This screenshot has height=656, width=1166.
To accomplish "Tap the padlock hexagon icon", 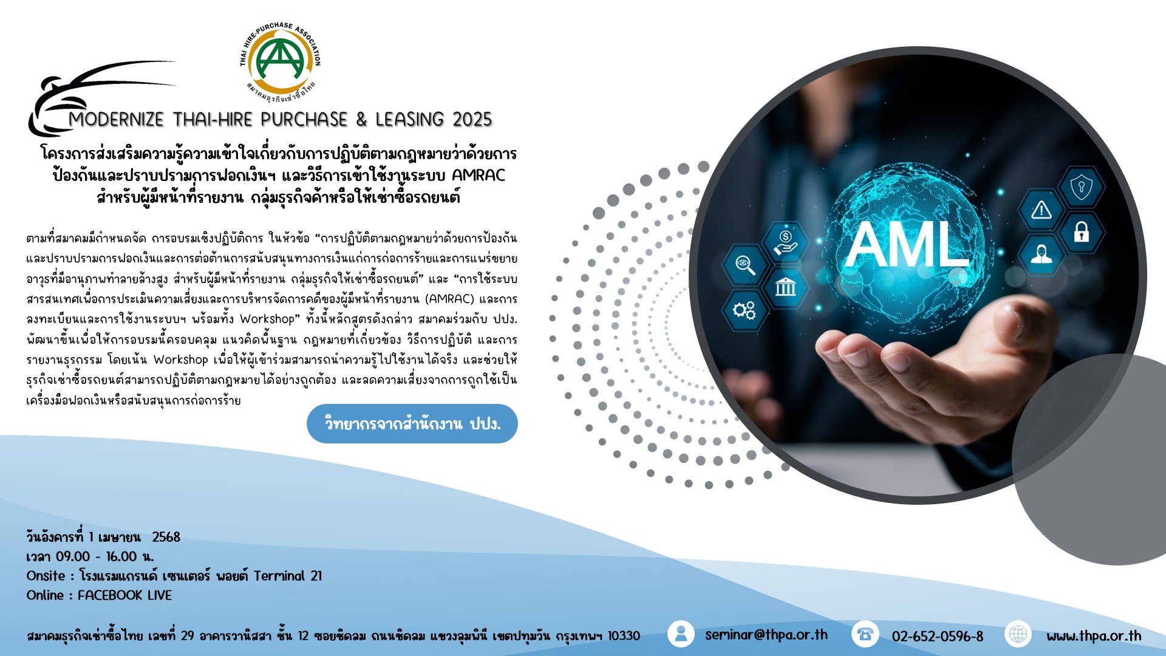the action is click(1081, 231).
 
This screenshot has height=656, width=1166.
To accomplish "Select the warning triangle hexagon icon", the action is click(1042, 210).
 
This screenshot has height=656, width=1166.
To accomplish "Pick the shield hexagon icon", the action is click(1081, 186).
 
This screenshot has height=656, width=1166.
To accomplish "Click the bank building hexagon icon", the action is click(785, 285).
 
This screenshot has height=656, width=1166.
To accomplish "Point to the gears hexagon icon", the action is click(745, 310).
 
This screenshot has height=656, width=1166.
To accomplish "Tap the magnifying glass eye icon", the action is click(745, 264).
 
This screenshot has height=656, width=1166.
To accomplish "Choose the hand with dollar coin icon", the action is click(785, 241).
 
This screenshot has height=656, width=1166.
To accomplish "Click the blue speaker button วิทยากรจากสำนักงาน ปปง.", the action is click(412, 423).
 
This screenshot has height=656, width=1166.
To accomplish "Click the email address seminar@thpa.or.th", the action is click(766, 635).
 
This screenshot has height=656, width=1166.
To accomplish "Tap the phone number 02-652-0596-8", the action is click(937, 636).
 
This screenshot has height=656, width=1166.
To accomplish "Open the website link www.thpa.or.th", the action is click(1094, 636).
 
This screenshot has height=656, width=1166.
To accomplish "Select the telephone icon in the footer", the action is click(865, 634).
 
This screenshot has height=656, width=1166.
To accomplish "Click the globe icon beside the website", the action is click(1018, 634).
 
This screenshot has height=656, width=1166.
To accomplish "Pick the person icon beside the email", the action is click(681, 634).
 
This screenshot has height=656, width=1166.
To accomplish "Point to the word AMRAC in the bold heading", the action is click(479, 176).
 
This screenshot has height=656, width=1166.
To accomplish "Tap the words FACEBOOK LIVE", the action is click(124, 595).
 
